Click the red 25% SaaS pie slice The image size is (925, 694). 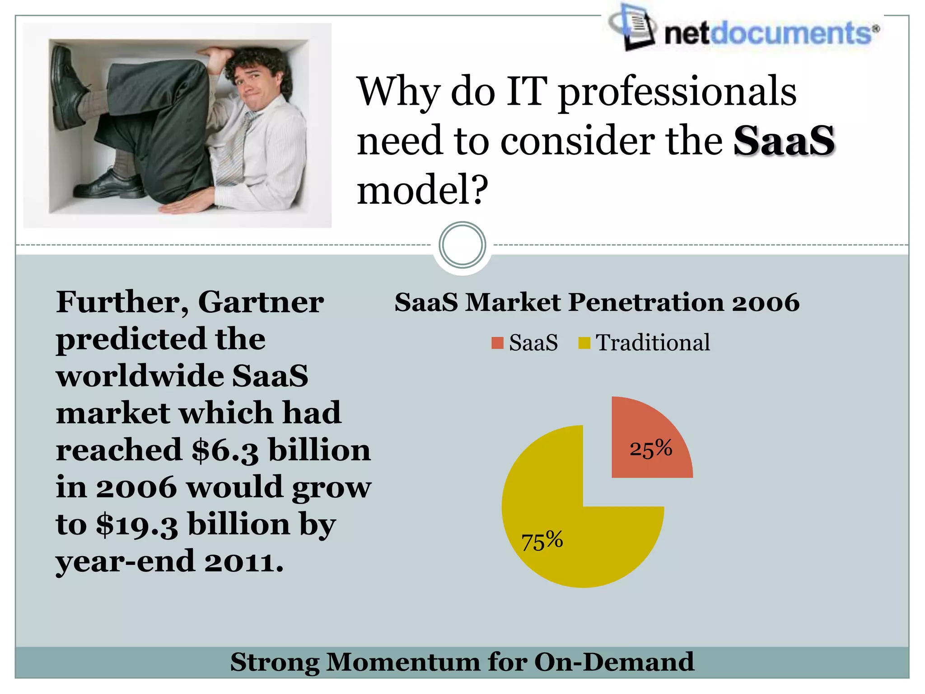point(646,434)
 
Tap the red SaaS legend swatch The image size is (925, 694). point(497,343)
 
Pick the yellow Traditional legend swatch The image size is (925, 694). point(584,343)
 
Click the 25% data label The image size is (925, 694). point(651,449)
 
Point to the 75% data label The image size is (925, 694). point(542,540)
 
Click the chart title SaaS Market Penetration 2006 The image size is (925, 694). point(597,302)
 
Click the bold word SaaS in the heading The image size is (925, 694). point(784,141)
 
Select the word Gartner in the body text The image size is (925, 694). point(261,302)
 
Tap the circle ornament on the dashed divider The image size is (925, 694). point(462,245)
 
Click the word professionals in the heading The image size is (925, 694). point(677,92)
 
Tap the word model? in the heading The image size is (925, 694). point(422,190)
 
